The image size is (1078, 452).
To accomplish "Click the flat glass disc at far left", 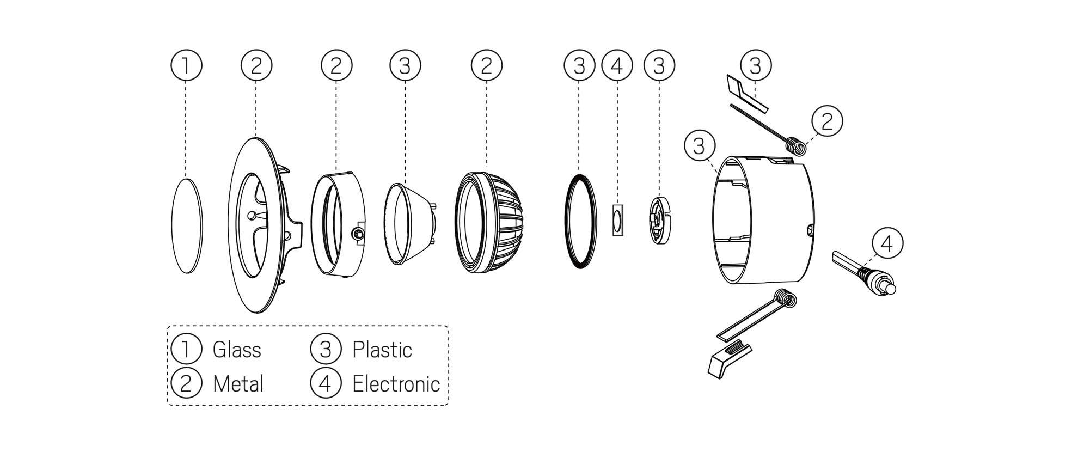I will coord(187,225).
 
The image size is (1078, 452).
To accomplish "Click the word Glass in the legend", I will coord(237,350).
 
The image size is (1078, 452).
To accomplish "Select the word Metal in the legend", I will coord(238,384).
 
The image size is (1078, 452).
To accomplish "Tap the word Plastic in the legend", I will coord(382,350).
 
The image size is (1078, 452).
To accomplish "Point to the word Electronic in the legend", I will coord(396,384).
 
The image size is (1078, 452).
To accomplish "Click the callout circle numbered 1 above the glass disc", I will coord(186,65).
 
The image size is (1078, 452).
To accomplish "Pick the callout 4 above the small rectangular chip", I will coord(617,65).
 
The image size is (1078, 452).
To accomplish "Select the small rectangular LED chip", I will coord(617,220).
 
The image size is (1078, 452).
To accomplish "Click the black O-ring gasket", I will coord(579,221).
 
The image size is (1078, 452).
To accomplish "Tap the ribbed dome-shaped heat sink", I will coord(488,222).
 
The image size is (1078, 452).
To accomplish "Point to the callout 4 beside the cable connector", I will coord(887,243).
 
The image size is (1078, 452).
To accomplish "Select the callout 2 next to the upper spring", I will coord(827,121).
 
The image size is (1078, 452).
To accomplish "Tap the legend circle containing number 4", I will coord(325,383).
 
